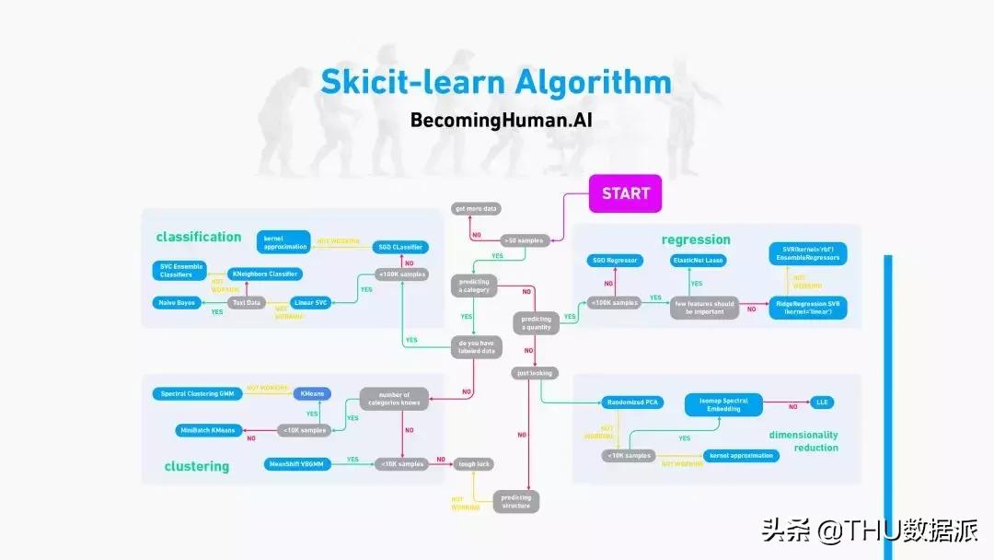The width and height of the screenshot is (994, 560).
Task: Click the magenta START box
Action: coord(626,193)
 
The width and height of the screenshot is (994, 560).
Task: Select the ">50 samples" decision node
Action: coord(524,239)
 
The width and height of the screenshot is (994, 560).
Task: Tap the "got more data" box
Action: coord(475,209)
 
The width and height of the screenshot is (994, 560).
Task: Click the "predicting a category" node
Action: coord(474,286)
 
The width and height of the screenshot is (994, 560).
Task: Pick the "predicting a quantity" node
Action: coord(536,323)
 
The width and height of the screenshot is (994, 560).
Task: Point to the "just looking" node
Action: coord(536,373)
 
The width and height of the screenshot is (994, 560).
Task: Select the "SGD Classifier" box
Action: coord(400,247)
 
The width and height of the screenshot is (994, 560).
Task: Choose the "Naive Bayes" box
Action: coord(175,302)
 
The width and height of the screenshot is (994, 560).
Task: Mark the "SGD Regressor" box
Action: coord(614,261)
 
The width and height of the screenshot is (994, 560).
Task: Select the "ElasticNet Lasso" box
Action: coord(699,261)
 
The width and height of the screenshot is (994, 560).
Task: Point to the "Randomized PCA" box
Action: coord(633,402)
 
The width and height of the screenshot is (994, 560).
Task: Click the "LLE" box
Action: coord(822,402)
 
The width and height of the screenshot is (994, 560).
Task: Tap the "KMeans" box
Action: coord(314,394)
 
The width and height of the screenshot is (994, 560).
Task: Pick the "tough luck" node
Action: coord(475,464)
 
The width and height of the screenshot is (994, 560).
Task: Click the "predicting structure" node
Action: coord(516,501)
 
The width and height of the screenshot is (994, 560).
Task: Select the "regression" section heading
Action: coord(696,239)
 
